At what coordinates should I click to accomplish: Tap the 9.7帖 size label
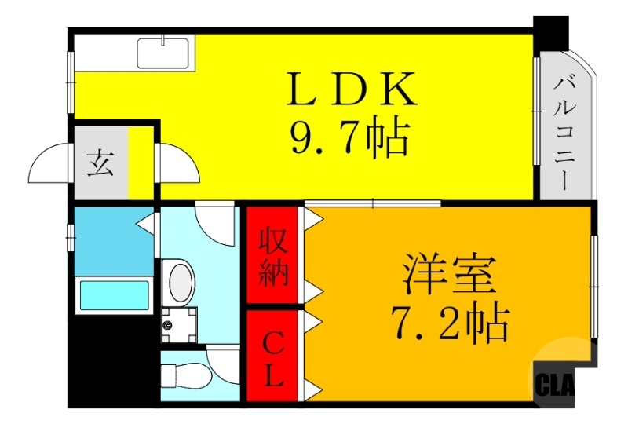pyautogui.click(x=349, y=140)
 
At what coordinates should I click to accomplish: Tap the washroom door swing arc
pyautogui.click(x=214, y=224)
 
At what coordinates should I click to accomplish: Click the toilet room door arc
pyautogui.click(x=225, y=363)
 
